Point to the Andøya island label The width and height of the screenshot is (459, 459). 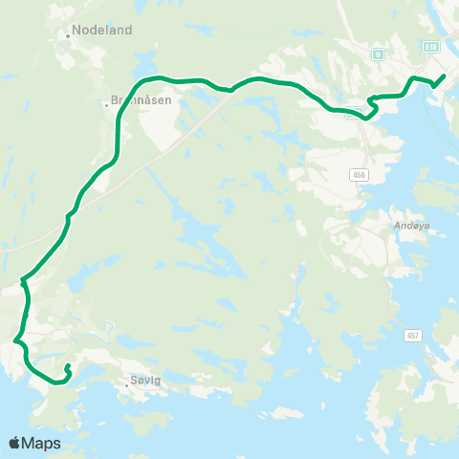(x=412, y=227)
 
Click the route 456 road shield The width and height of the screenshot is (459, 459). (x=358, y=176)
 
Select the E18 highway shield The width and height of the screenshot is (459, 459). (x=432, y=46)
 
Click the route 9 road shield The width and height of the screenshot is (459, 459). (x=379, y=55)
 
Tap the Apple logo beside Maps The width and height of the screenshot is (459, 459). (x=14, y=444)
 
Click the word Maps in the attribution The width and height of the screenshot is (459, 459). (x=42, y=444)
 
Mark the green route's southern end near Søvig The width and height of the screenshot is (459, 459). (x=67, y=367)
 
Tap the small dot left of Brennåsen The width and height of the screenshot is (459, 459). (x=106, y=103)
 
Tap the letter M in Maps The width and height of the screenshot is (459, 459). (x=31, y=444)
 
